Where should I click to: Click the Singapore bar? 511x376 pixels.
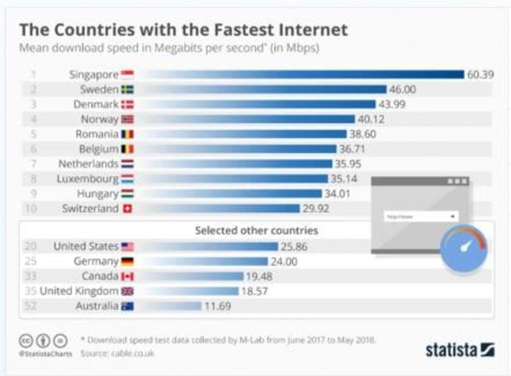click(303, 75)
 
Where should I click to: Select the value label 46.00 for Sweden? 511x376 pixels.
click(403, 90)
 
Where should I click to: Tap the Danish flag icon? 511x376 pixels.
click(127, 104)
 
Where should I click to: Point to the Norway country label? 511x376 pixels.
click(99, 119)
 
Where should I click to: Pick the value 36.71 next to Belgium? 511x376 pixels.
click(353, 149)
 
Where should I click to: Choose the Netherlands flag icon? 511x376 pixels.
click(127, 164)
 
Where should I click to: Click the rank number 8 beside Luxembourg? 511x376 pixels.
click(34, 179)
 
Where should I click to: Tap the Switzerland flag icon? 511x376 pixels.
click(127, 209)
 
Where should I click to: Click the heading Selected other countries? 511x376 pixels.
click(256, 230)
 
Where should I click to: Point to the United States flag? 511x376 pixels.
click(127, 247)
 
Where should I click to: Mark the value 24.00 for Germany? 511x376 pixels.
click(284, 261)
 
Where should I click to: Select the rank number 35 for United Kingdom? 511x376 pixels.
click(30, 291)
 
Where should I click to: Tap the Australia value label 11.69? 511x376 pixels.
click(217, 306)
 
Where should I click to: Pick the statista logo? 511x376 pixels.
click(460, 350)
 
